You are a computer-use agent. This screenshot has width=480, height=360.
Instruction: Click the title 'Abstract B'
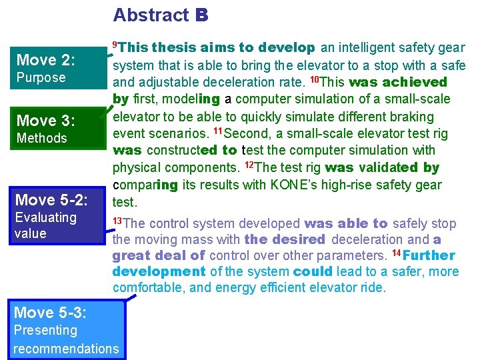(161, 15)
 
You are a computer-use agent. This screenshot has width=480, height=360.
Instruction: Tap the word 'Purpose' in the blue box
(41, 77)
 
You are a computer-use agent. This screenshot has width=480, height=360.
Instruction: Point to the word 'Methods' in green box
(42, 138)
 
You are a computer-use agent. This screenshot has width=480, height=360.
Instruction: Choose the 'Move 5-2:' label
(51, 200)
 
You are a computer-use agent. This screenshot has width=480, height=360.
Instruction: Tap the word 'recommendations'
(66, 348)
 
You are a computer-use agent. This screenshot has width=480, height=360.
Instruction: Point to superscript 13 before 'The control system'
(117, 221)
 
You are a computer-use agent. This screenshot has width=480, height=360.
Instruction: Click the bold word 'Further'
(429, 255)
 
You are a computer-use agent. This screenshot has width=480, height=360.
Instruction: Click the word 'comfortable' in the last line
(146, 288)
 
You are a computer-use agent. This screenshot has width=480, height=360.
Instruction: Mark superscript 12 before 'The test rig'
(249, 165)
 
